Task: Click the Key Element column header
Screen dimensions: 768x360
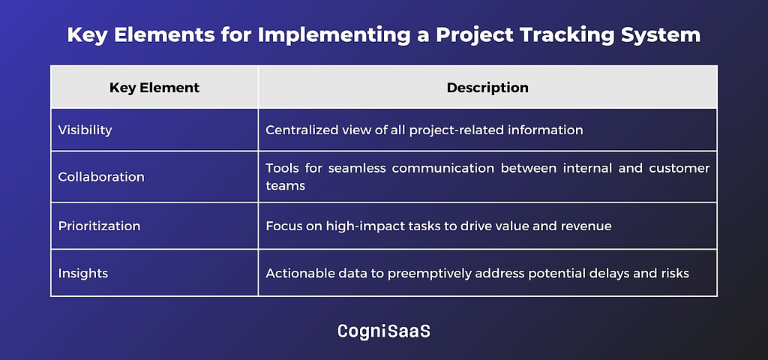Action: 154,88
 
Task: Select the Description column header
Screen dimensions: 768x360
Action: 487,88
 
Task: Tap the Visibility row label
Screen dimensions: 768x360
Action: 85,130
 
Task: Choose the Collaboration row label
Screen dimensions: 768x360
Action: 101,177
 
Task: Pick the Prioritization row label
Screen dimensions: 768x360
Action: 100,226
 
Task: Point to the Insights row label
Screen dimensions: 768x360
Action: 83,273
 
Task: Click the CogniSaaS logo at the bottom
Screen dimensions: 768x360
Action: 384,331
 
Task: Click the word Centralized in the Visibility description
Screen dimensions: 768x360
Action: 296,130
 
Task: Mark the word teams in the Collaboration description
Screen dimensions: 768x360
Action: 286,187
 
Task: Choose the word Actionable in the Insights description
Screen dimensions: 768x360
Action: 294,273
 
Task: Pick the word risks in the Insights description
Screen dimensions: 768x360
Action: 676,273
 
